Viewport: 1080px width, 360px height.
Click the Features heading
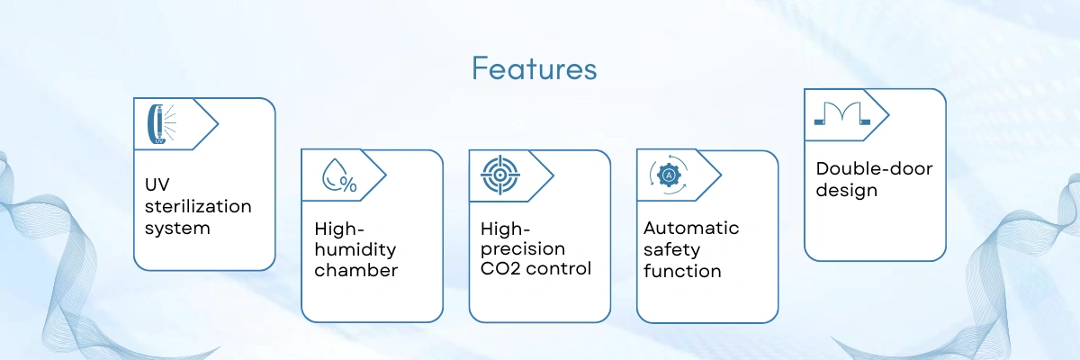(535, 68)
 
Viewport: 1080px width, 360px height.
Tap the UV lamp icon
(161, 124)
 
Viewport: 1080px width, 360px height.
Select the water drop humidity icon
(339, 175)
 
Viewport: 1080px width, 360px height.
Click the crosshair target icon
(500, 175)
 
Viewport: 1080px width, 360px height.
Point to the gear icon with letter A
(668, 175)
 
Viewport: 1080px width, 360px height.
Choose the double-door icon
(842, 113)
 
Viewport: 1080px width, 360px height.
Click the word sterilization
(198, 206)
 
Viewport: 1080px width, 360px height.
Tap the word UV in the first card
(157, 184)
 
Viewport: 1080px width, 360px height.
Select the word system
(177, 229)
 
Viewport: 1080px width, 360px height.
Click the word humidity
(355, 249)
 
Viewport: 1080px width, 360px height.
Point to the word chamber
(356, 270)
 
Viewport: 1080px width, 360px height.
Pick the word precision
(523, 249)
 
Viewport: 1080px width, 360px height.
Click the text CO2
(500, 269)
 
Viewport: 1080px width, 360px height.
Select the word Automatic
(691, 228)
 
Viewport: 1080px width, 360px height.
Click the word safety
(671, 250)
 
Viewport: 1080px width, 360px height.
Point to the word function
(682, 271)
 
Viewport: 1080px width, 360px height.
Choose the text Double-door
(874, 168)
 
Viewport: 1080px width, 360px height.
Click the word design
(847, 191)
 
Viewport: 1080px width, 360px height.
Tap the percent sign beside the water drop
(348, 184)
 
